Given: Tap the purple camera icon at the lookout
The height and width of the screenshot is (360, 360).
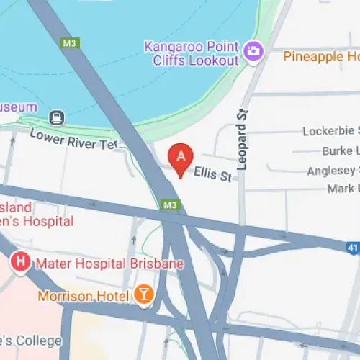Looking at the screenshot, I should (x=253, y=50).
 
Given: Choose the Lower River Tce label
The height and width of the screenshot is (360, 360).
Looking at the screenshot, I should (x=73, y=139).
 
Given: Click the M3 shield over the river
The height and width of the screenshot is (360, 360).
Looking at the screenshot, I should (x=70, y=43).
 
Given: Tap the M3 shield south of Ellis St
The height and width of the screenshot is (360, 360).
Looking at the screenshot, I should (x=170, y=205).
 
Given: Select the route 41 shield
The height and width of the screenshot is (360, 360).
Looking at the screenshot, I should (x=353, y=246).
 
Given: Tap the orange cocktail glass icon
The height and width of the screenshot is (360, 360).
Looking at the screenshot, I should (x=143, y=294).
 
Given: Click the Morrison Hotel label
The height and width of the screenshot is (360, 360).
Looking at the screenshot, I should (x=84, y=295).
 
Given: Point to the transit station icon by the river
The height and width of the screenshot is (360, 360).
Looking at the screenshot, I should (x=55, y=117).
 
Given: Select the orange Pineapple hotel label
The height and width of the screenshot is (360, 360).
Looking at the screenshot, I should (x=320, y=55).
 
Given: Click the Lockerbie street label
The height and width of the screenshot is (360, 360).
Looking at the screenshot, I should (x=330, y=131).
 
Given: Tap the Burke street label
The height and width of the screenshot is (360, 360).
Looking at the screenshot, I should (x=340, y=150).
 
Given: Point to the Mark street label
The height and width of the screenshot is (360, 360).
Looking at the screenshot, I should (x=343, y=189).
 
